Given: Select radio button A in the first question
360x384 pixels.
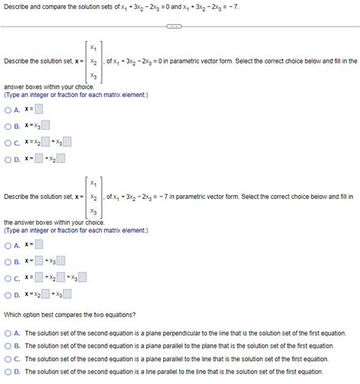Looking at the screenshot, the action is (x=8, y=110).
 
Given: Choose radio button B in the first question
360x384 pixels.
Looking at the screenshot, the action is (x=8, y=126).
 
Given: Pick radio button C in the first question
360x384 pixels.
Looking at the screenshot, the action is (x=8, y=142).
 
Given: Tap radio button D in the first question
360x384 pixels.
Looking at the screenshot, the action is (x=8, y=159).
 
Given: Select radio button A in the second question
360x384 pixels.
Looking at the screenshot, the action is (x=8, y=245).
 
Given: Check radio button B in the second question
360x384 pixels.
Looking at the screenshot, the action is (x=8, y=261).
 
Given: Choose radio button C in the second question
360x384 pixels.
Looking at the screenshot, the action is (x=8, y=278).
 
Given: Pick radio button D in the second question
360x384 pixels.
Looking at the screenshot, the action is (x=8, y=294).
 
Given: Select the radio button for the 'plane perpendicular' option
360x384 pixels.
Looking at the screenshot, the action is (x=8, y=333).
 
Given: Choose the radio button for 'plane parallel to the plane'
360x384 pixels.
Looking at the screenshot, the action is (x=8, y=346).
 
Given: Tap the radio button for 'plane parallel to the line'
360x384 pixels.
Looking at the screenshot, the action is (x=8, y=359).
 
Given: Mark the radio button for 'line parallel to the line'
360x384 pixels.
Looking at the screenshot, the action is (x=8, y=372).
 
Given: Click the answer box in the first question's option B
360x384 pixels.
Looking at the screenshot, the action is (x=46, y=126).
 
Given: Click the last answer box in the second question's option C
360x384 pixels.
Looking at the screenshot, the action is (x=83, y=278).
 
